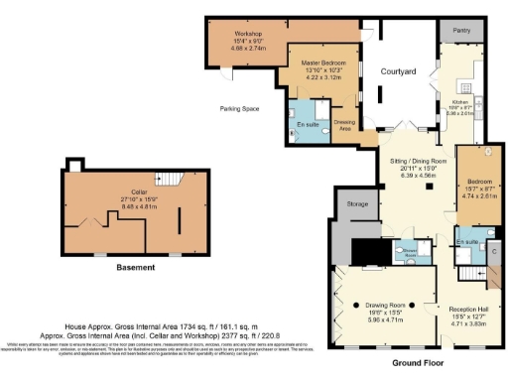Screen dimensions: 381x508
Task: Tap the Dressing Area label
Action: point(345,124)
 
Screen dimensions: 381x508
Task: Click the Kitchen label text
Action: point(457,103)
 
